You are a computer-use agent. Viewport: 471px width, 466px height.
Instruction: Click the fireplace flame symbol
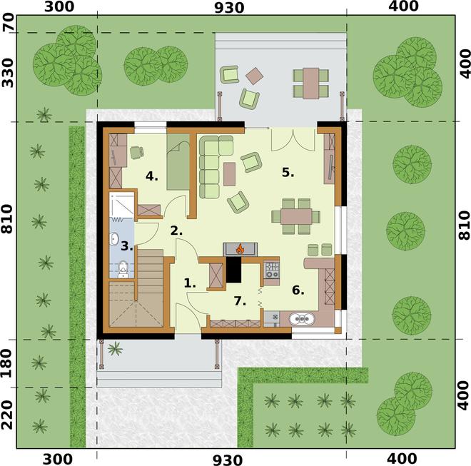240,249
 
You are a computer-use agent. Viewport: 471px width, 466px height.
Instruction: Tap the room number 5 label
288,173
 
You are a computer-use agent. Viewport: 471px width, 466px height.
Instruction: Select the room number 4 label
152,176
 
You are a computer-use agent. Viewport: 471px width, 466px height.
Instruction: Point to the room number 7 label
240,300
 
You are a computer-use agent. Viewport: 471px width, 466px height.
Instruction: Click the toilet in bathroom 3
123,270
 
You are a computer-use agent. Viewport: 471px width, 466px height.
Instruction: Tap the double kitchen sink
302,319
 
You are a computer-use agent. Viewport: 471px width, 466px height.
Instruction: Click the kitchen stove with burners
272,270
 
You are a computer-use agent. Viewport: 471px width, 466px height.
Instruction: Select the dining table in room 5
296,216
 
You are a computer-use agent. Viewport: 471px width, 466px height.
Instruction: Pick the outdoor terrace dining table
310,83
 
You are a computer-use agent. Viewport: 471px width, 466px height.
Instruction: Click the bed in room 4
178,162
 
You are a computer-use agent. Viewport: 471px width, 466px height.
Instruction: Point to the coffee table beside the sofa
230,174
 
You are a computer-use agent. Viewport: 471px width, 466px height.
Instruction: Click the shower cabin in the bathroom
121,205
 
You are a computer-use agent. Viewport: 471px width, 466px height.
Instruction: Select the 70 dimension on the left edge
9,23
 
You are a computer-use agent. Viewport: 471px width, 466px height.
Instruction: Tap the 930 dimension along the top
229,8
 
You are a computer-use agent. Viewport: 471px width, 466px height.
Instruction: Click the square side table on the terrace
255,76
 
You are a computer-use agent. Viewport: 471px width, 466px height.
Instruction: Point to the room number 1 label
190,283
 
